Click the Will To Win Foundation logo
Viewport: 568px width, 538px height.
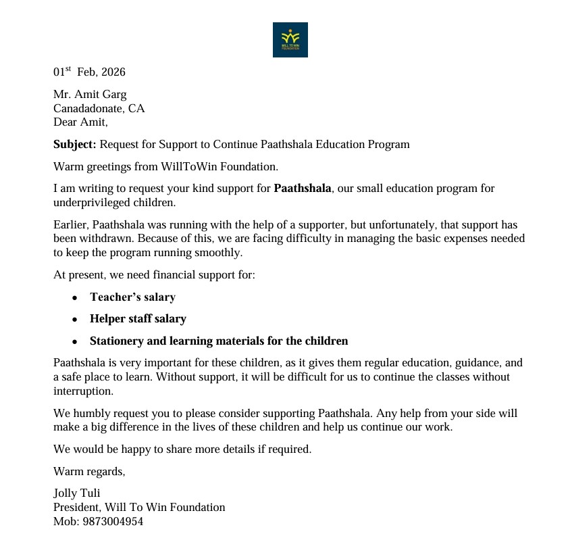(x=290, y=40)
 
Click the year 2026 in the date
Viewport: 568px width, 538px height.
(x=113, y=72)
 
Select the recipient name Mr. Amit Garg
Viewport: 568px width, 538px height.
(x=90, y=95)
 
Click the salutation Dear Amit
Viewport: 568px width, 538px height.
(x=80, y=122)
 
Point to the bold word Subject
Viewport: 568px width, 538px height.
(x=75, y=144)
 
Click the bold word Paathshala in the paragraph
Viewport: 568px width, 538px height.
(x=302, y=189)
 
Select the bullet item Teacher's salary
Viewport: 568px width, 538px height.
(x=132, y=297)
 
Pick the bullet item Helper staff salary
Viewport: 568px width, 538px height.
(x=138, y=318)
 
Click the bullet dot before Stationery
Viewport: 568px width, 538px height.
(x=75, y=341)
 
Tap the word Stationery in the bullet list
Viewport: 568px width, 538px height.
(x=118, y=341)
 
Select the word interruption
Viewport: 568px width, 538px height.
(x=84, y=391)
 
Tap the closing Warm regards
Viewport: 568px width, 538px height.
(x=89, y=471)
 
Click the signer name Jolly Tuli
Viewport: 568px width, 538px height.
(x=77, y=493)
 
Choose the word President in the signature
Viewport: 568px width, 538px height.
(x=76, y=507)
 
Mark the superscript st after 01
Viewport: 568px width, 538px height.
(x=68, y=70)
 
